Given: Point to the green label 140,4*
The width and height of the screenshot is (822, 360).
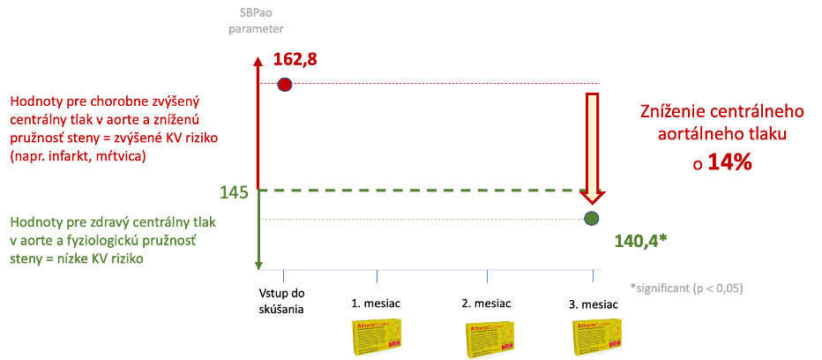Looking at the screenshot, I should [x=639, y=240].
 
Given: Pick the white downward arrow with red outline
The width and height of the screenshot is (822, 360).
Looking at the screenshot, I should [x=594, y=146].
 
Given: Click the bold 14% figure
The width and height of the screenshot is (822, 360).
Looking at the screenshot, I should [x=726, y=163].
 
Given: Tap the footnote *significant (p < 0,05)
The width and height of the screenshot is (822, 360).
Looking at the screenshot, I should [x=686, y=288].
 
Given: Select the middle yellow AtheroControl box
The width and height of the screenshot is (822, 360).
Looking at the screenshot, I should [x=489, y=339].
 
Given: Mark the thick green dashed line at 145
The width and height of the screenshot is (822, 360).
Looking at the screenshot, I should [x=423, y=191].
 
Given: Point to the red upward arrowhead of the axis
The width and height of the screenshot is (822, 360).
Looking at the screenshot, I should [x=258, y=63].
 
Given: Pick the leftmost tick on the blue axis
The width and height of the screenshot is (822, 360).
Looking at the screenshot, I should [x=283, y=275].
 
